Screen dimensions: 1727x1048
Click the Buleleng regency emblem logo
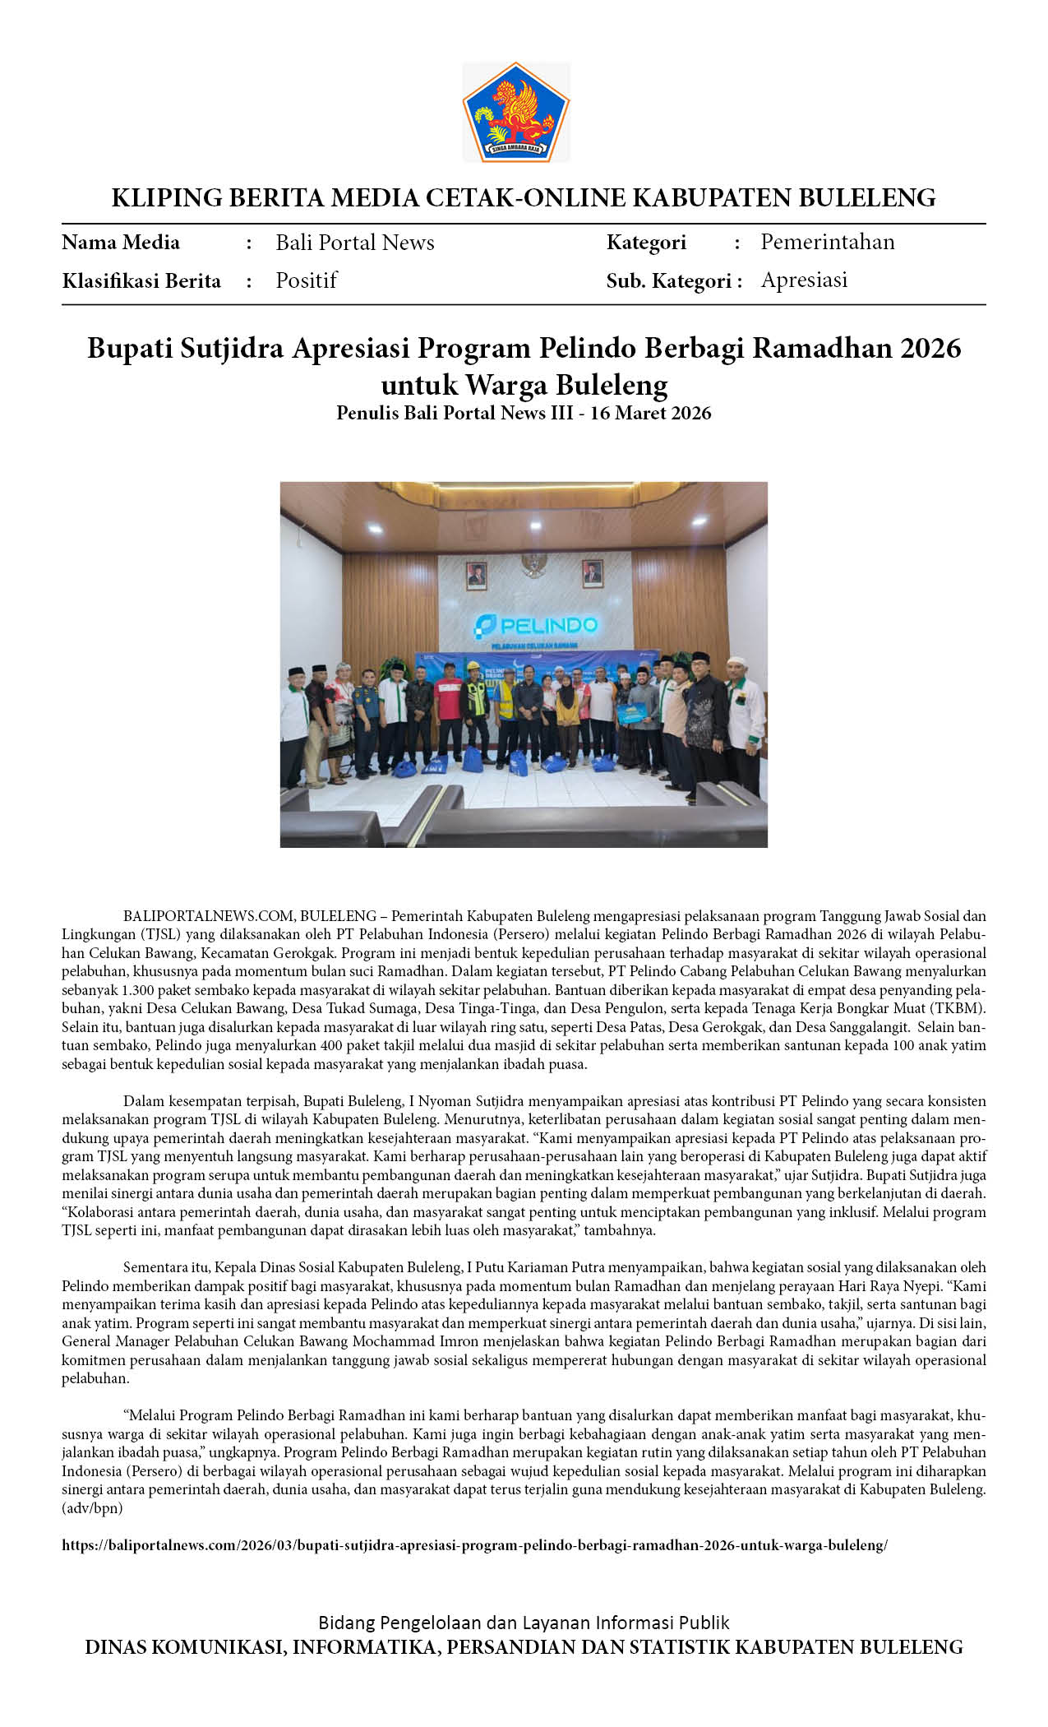click(516, 113)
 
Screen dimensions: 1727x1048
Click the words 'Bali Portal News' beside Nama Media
click(354, 243)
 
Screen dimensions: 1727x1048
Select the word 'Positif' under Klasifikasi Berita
click(306, 280)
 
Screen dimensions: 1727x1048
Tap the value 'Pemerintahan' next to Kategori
click(827, 242)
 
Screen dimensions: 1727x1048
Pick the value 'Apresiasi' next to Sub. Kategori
click(804, 280)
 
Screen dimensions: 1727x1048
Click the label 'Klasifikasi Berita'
click(141, 281)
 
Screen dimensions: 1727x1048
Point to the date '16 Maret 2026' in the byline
click(650, 413)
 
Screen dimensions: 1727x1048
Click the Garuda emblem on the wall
click(536, 566)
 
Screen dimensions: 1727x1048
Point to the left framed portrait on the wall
click(475, 574)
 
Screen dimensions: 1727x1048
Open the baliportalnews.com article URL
click(474, 1545)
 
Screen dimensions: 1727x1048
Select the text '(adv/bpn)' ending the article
click(92, 1508)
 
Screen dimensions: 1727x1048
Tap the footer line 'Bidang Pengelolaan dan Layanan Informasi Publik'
click(524, 1623)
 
